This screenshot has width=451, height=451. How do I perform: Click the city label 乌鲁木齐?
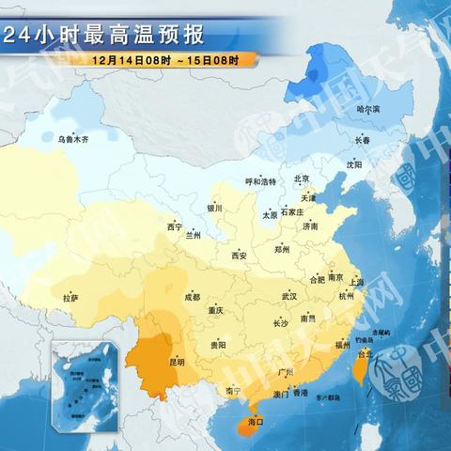tap(71, 139)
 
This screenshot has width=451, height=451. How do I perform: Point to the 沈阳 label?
tap(353, 163)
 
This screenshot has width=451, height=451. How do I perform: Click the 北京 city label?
tap(301, 179)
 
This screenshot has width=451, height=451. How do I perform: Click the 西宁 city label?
tap(175, 226)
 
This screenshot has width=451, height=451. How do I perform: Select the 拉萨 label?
tap(71, 298)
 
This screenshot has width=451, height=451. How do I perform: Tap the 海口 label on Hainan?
tap(253, 423)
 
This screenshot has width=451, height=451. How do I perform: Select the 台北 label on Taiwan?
tap(365, 354)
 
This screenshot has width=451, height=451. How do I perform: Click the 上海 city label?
tap(355, 282)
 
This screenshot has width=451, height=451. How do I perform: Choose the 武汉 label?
tap(288, 296)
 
